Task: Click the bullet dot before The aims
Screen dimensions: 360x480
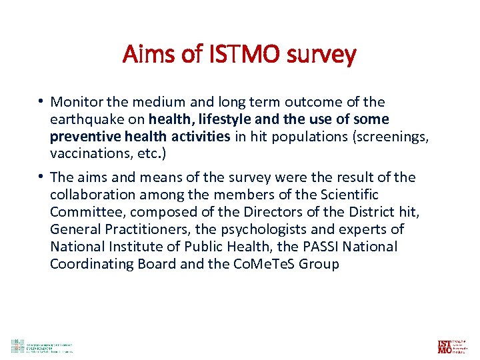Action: pyautogui.click(x=41, y=177)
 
